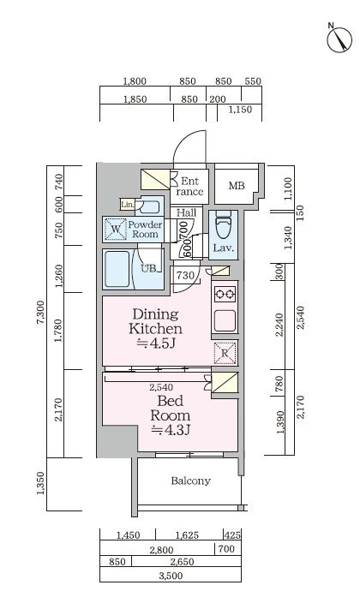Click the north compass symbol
(339, 39)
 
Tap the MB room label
(237, 186)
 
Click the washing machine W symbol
(116, 230)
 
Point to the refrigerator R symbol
(225, 353)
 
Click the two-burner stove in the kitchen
(225, 294)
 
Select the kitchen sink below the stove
(225, 320)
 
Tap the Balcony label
(191, 481)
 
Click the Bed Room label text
(171, 409)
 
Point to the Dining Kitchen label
(155, 321)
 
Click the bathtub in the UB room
(117, 269)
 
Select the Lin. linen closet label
(127, 205)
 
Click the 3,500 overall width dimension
(171, 576)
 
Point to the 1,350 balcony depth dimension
(40, 483)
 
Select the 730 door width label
(185, 275)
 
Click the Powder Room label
(145, 230)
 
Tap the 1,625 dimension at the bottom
(187, 535)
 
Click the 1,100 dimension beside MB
(288, 188)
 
